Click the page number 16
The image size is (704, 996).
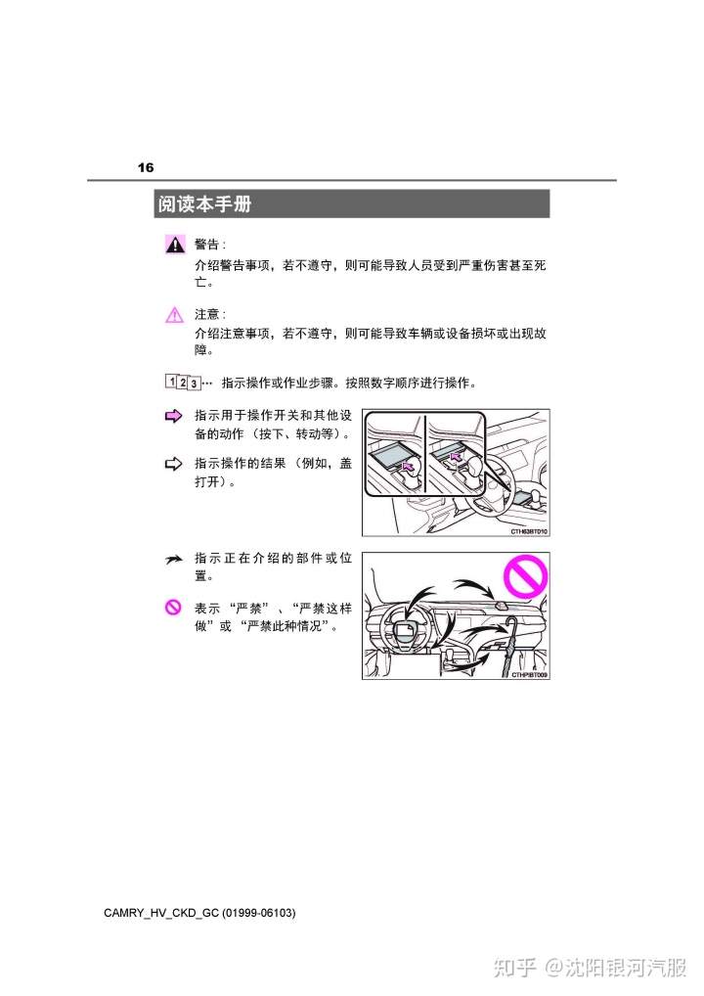[146, 167]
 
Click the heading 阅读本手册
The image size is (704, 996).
[204, 204]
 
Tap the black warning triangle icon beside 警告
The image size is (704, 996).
[175, 245]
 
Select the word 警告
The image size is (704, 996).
[207, 245]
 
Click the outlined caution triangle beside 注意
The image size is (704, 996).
[175, 314]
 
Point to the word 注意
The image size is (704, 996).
[207, 314]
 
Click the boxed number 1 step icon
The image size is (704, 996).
[171, 382]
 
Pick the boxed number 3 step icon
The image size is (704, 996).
[195, 384]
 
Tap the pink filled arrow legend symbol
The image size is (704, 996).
[173, 417]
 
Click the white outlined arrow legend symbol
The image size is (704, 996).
[173, 465]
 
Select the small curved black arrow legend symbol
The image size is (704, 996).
[174, 560]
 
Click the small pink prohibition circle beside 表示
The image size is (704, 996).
[173, 608]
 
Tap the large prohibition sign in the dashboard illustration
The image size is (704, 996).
[525, 576]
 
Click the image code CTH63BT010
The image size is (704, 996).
[529, 531]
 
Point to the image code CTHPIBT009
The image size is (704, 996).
[529, 674]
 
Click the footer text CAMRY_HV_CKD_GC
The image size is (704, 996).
[161, 914]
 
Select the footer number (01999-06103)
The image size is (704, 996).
[259, 914]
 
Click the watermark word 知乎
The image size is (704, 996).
[515, 968]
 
